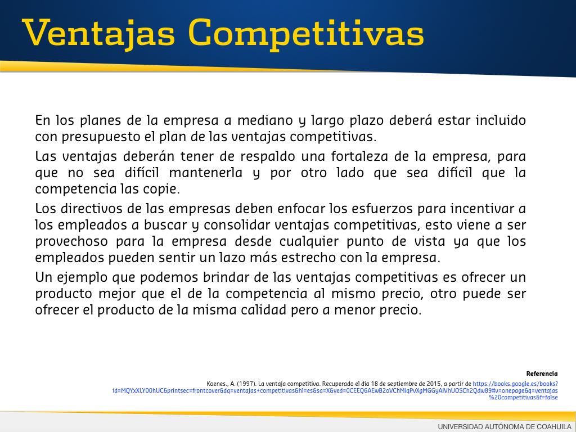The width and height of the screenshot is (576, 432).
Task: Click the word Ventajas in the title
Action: click(x=98, y=33)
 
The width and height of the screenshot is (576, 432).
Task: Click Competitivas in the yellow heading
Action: click(x=307, y=33)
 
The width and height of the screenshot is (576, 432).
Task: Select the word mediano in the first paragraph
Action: click(x=265, y=120)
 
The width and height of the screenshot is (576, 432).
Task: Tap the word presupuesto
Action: click(x=101, y=137)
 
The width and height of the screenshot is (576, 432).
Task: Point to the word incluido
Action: click(x=501, y=120)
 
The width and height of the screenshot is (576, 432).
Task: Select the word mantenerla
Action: click(x=206, y=173)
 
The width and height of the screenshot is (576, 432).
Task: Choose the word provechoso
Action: click(x=71, y=241)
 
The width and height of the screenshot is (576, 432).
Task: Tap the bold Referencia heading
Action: click(x=542, y=373)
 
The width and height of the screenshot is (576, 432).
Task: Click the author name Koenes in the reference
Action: click(x=217, y=384)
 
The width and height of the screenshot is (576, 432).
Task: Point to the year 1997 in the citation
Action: click(x=246, y=384)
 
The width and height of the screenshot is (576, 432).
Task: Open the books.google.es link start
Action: click(x=515, y=384)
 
